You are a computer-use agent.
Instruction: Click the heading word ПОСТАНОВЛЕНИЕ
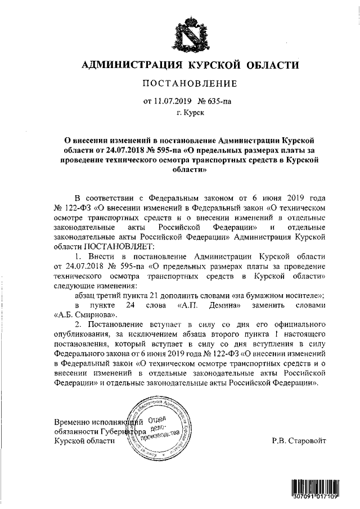pos(188,84)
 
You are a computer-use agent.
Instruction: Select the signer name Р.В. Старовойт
pos(298,441)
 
